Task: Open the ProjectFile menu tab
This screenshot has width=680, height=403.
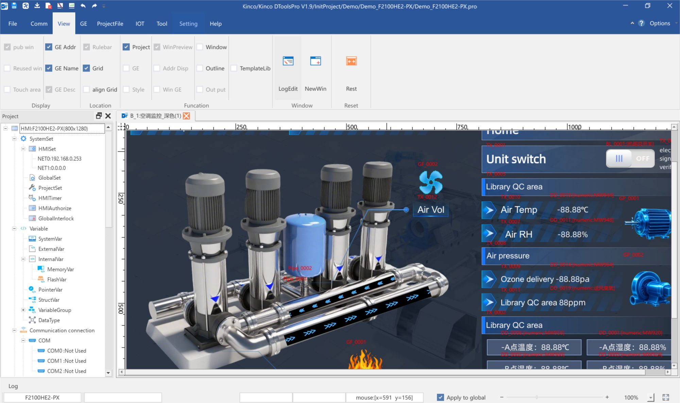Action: click(110, 23)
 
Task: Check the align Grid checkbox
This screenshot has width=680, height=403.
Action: click(87, 89)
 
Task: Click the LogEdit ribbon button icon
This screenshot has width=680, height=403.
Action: click(288, 61)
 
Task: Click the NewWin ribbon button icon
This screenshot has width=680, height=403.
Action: click(315, 61)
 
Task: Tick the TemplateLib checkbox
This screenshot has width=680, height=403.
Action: click(234, 68)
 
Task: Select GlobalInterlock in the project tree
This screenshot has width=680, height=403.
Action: click(56, 218)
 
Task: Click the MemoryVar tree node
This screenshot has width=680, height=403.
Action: click(60, 269)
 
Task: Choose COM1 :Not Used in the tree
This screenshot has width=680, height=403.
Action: click(66, 361)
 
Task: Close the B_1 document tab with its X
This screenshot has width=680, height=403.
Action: click(186, 116)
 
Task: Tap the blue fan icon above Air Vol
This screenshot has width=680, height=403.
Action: click(431, 182)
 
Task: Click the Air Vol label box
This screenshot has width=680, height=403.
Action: click(431, 209)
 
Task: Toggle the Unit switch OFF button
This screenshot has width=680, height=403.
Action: click(630, 158)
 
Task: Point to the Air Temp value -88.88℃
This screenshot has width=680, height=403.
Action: click(573, 209)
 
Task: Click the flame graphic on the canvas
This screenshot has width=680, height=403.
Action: click(365, 360)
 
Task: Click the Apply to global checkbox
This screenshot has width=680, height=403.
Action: click(440, 397)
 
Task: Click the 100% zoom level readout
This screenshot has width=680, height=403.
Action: click(631, 397)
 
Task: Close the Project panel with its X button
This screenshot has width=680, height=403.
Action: click(108, 116)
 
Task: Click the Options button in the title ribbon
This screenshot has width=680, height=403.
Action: click(660, 23)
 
